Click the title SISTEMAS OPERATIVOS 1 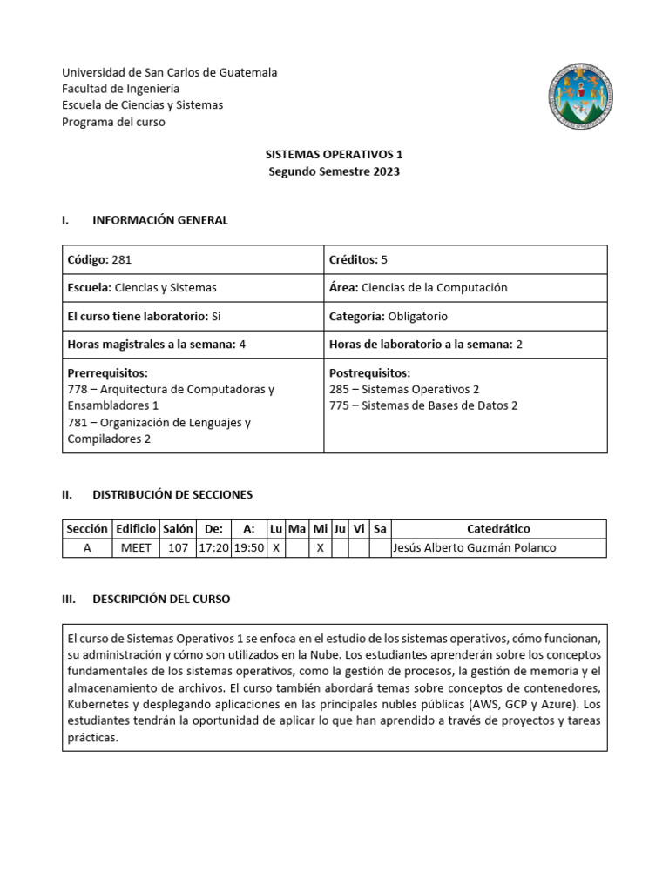334,154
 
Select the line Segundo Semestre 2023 334,171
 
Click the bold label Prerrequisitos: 108,372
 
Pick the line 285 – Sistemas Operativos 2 404,389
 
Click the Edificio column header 135,529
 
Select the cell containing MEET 135,547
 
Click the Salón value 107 179,547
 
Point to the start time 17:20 214,547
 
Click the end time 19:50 249,547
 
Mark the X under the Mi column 320,547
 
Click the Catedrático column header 498,529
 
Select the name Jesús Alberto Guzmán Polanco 474,547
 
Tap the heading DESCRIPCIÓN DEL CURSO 162,599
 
